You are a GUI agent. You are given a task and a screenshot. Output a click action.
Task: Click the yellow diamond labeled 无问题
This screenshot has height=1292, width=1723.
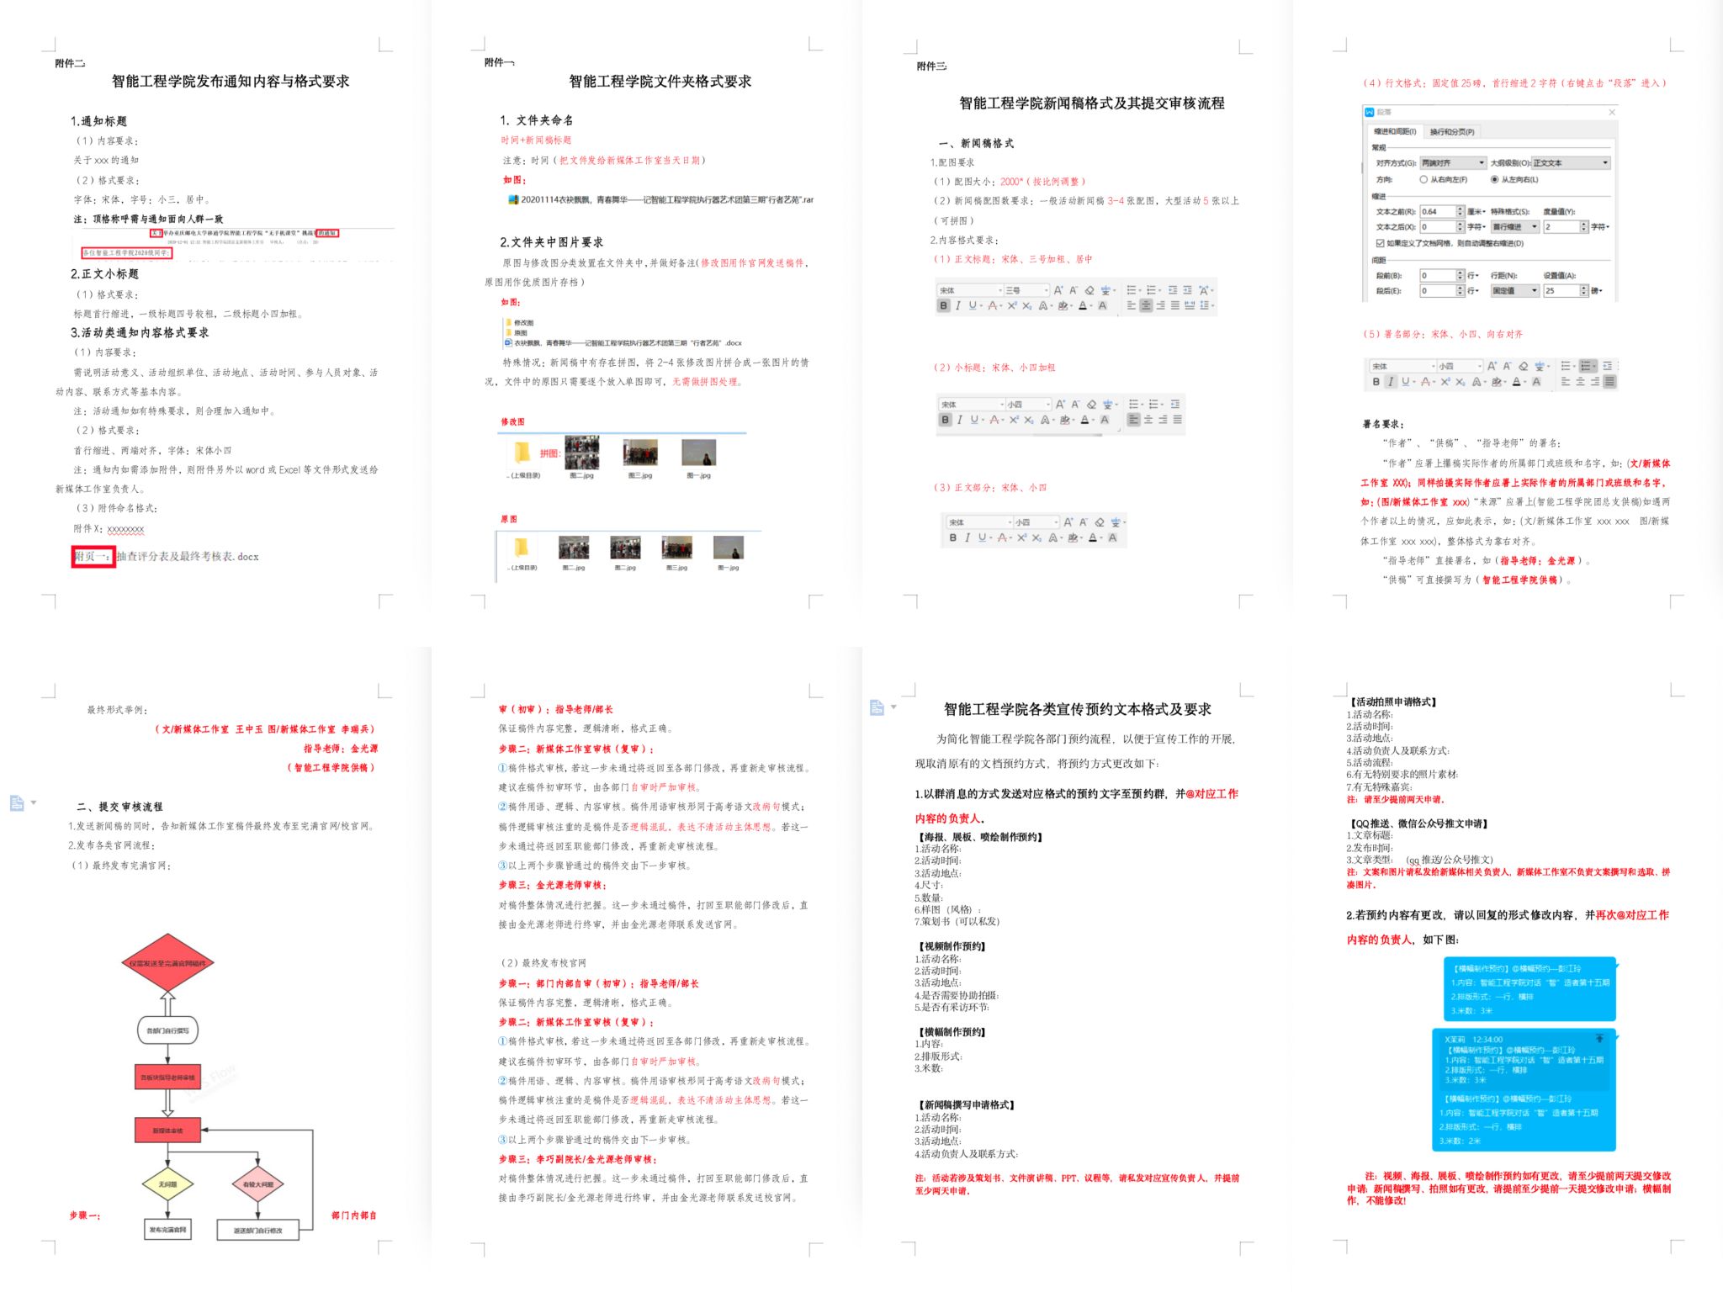click(x=168, y=1183)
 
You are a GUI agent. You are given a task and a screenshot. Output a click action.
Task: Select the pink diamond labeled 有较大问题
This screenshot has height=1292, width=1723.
click(x=257, y=1183)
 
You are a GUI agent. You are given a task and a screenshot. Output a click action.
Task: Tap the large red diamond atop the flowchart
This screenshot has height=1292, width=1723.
click(x=168, y=963)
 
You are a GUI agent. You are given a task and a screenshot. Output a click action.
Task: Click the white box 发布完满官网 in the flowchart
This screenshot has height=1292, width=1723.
click(x=168, y=1229)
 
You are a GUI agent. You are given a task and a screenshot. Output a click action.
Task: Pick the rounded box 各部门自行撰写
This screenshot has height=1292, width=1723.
click(x=168, y=1030)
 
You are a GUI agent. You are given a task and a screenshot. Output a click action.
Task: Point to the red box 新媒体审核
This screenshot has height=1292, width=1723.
click(x=168, y=1130)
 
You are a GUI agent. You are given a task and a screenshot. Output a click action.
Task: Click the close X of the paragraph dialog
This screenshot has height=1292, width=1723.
click(x=1612, y=112)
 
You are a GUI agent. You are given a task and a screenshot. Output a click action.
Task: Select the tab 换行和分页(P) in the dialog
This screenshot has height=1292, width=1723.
click(x=1452, y=132)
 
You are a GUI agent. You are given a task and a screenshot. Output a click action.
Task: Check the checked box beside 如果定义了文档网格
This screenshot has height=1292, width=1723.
click(x=1380, y=243)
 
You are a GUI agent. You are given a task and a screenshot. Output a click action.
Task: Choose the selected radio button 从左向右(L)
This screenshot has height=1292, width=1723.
click(x=1494, y=179)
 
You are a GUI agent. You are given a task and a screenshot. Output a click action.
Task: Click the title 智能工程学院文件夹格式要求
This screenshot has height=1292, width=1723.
click(x=660, y=82)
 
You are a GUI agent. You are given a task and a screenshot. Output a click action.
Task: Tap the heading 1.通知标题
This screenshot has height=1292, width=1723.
click(x=98, y=121)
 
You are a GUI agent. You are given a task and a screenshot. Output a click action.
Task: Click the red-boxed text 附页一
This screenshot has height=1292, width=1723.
click(x=93, y=556)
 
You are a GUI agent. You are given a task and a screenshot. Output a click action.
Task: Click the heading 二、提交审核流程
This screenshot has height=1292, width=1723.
click(x=119, y=806)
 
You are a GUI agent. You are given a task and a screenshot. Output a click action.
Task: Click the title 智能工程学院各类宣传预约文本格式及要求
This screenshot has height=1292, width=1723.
click(x=1077, y=709)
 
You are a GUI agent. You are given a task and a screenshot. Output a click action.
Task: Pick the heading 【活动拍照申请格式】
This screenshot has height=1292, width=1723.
click(x=1393, y=702)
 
